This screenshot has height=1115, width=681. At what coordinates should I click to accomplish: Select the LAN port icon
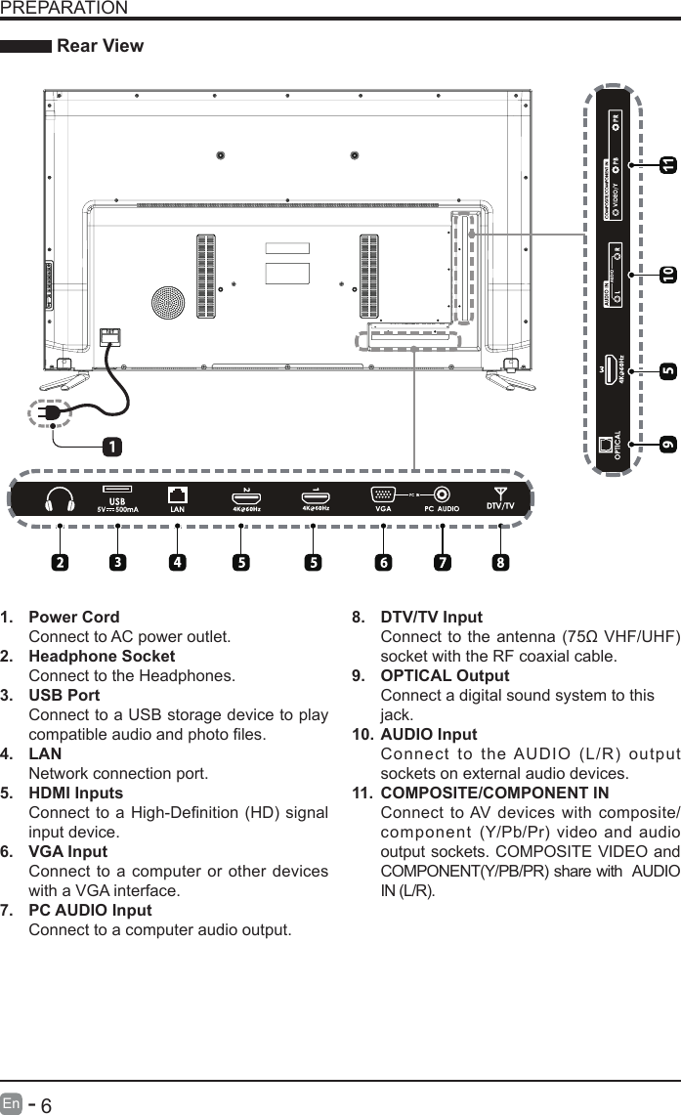178,493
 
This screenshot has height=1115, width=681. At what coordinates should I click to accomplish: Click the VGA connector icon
384,493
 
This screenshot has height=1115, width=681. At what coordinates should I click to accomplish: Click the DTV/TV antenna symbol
500,492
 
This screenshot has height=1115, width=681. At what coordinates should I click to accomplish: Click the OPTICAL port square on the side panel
607,444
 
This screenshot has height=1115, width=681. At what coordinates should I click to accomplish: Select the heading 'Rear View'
101,46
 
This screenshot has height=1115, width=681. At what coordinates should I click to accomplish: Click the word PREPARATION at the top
64,8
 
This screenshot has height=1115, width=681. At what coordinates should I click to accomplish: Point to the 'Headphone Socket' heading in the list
102,656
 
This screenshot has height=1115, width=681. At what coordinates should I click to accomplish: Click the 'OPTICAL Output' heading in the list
445,675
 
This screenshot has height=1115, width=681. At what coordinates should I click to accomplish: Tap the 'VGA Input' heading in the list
68,851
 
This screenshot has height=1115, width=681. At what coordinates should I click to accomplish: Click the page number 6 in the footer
46,1104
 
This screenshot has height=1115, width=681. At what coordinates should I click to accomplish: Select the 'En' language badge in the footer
12,1104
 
